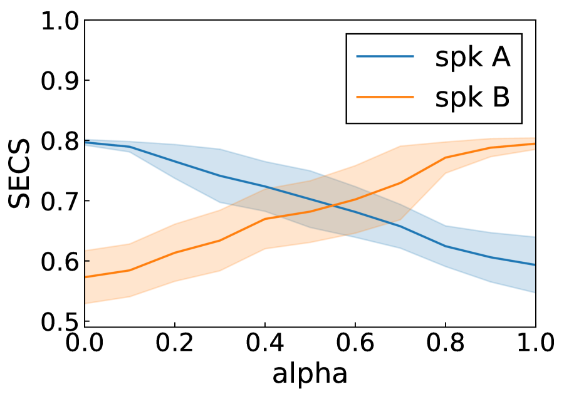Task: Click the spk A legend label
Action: tap(472, 58)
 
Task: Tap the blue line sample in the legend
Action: tap(385, 57)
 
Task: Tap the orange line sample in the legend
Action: tap(385, 96)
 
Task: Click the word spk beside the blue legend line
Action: tap(454, 59)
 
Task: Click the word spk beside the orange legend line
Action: tap(454, 98)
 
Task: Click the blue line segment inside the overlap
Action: tap(301, 196)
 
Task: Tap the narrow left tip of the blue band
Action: tap(88, 143)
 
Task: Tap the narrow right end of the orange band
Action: tap(532, 144)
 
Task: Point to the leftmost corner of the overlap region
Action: tap(228, 205)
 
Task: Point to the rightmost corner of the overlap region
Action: tap(411, 209)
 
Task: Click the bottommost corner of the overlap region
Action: tap(345, 236)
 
